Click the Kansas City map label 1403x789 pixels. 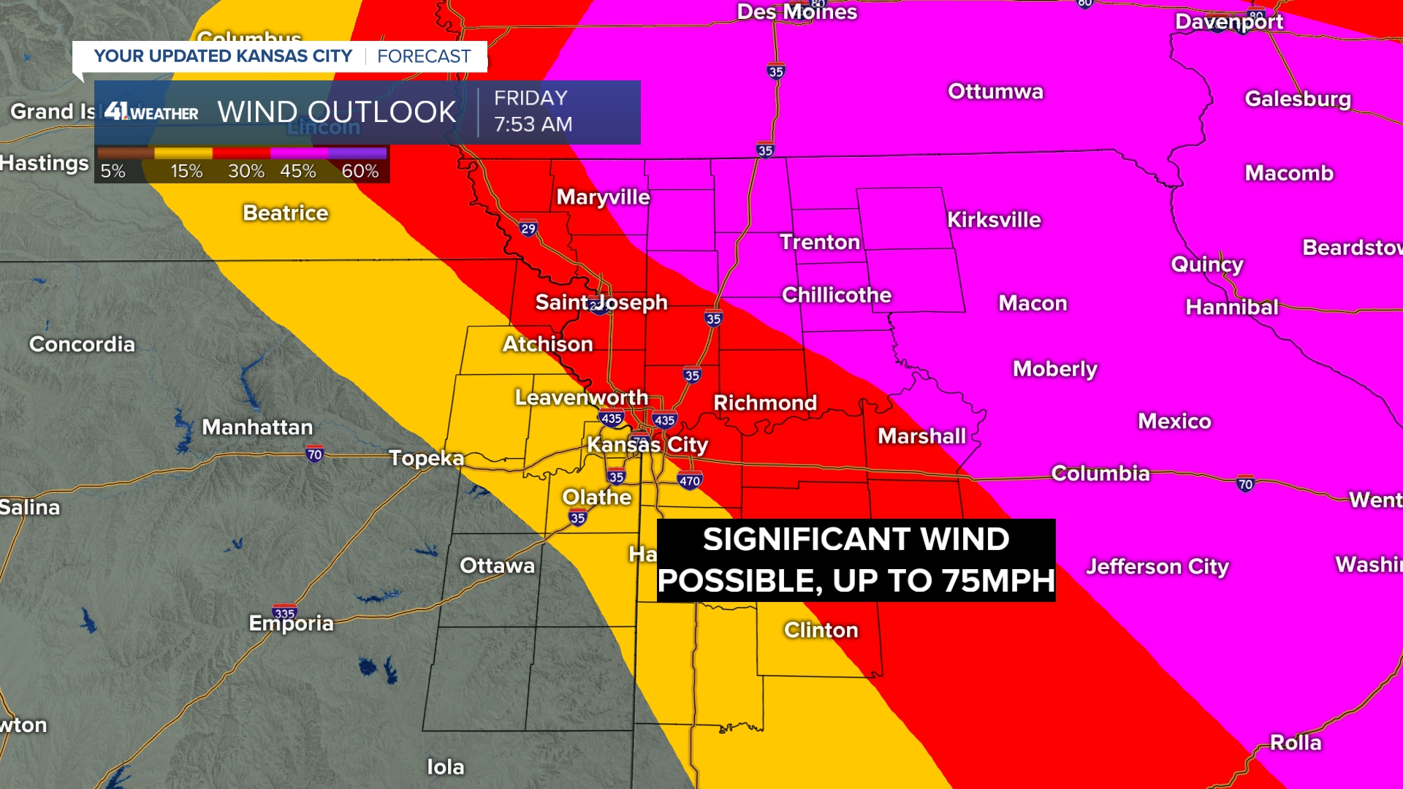point(647,444)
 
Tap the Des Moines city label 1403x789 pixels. point(796,12)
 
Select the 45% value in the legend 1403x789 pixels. point(298,171)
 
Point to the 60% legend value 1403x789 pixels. point(360,171)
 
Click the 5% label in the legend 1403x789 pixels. point(113,171)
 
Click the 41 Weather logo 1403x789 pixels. point(151,112)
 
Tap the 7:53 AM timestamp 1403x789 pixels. point(533,125)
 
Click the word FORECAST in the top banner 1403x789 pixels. point(424,56)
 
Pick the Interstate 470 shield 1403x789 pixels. point(690,481)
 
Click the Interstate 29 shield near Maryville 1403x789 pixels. point(528,229)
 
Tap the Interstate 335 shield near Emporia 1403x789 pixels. point(284,612)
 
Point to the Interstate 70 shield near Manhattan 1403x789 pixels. point(314,454)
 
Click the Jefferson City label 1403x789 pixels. point(1157,566)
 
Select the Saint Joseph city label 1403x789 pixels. point(601,302)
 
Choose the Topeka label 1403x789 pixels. point(426,458)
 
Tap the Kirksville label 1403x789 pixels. point(994,220)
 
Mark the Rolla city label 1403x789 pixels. point(1296,742)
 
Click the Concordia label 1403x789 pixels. point(82,344)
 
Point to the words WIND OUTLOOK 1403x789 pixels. point(337,112)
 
